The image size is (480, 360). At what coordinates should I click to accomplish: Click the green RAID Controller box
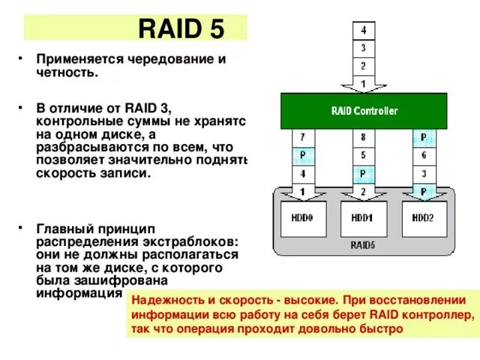(364, 111)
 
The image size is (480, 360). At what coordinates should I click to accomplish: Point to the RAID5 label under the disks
(363, 244)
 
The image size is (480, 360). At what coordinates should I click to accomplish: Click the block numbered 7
(302, 137)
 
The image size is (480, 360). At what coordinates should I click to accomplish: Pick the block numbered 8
(363, 137)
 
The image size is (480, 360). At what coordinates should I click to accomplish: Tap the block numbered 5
(363, 155)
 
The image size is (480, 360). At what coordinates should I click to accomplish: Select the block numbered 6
(424, 155)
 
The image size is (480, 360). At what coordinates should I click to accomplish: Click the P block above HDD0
(302, 155)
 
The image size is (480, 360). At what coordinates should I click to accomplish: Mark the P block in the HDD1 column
(363, 173)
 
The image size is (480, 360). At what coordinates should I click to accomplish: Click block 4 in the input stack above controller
(364, 31)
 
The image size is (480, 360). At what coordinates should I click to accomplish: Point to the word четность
(67, 72)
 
